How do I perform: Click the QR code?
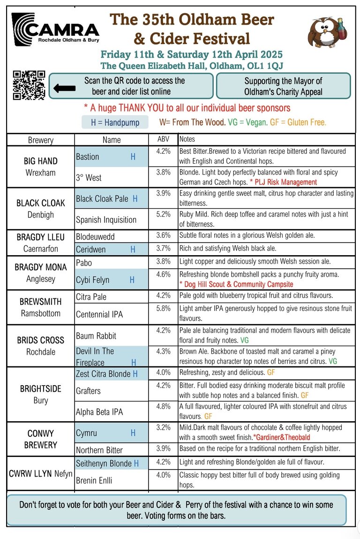point(29,85)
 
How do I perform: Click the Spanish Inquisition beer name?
point(106,220)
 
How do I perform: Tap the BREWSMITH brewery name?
point(41,302)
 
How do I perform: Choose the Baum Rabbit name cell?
point(96,336)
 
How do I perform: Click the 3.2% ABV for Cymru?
point(163,427)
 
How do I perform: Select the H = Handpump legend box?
point(114,122)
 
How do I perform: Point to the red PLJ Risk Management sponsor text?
point(283,182)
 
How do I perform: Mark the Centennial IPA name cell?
point(99,314)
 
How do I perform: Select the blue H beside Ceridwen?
point(133,249)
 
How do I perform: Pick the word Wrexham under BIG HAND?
point(40,172)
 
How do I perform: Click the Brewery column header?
point(41,140)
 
